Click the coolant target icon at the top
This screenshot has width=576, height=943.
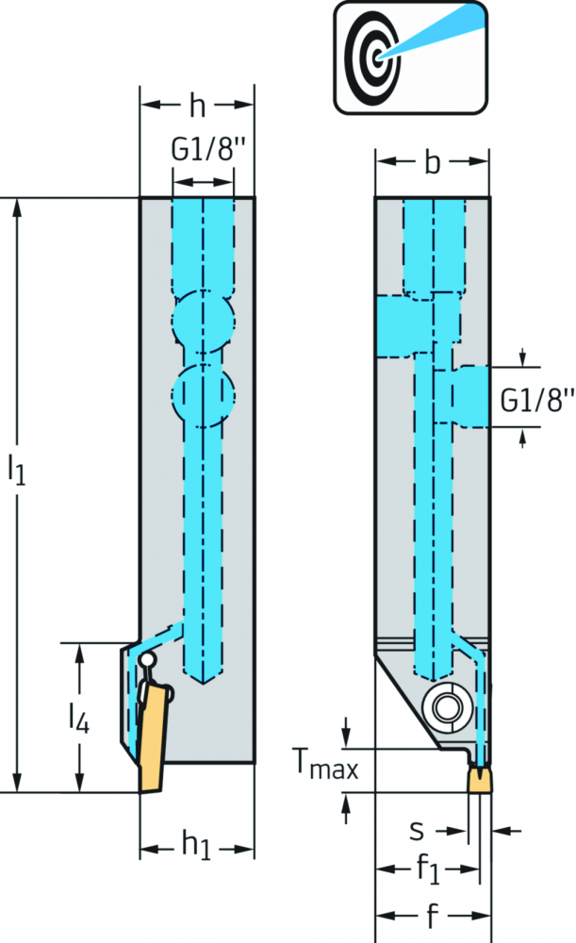pyautogui.click(x=411, y=58)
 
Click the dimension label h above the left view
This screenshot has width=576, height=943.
pyautogui.click(x=197, y=106)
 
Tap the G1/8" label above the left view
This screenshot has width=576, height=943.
pyautogui.click(x=208, y=149)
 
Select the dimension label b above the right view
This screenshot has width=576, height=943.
pyautogui.click(x=433, y=162)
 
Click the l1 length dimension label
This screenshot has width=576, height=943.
pyautogui.click(x=16, y=469)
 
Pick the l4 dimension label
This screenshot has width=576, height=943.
pyautogui.click(x=79, y=718)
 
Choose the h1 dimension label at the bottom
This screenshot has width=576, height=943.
pyautogui.click(x=197, y=845)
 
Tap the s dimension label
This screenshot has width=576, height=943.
pyautogui.click(x=417, y=831)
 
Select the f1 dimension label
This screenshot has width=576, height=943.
pyautogui.click(x=427, y=869)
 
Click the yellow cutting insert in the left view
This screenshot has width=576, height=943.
pyautogui.click(x=152, y=738)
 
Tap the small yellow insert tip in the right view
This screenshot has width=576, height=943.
pyautogui.click(x=479, y=780)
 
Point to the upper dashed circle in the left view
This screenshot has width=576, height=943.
pyautogui.click(x=204, y=321)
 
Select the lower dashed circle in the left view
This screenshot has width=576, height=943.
pyautogui.click(x=204, y=396)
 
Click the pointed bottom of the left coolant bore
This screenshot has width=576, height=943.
pyautogui.click(x=204, y=683)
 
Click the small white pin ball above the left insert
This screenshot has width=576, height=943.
pyautogui.click(x=147, y=661)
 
